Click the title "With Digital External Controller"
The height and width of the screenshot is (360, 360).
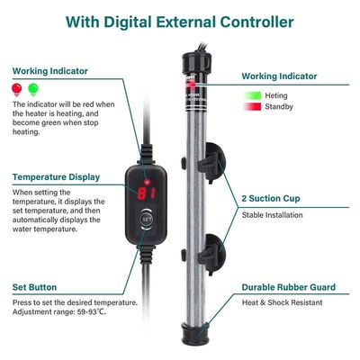[x=180, y=19]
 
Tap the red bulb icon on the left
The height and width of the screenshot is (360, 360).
[x=17, y=88]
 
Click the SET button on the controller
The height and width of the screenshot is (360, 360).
[x=148, y=217]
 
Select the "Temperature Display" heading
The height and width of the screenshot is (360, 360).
[x=56, y=177]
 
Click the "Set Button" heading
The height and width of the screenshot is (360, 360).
[x=37, y=288]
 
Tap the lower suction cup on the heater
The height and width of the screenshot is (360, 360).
[x=213, y=246]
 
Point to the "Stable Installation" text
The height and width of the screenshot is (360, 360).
[x=272, y=215]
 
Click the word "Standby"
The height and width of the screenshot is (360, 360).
[x=287, y=108]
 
